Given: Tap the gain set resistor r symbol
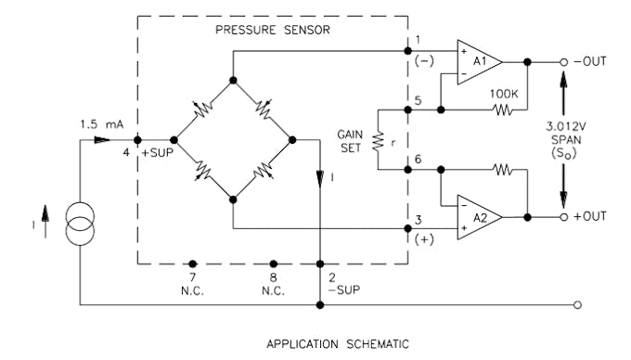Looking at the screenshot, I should point(379,140).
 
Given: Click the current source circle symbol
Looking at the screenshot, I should point(81,226).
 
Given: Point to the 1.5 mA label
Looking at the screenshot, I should point(102,122).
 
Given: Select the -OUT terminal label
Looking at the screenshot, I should point(593,61).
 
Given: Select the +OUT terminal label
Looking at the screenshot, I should point(593,216).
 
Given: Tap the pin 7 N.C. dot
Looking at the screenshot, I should point(193,264).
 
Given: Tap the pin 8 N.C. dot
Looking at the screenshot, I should point(273,264).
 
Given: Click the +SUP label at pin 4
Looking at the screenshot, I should point(158,152).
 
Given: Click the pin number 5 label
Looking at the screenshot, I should point(419,99).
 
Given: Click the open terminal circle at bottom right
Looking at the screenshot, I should point(579,304).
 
